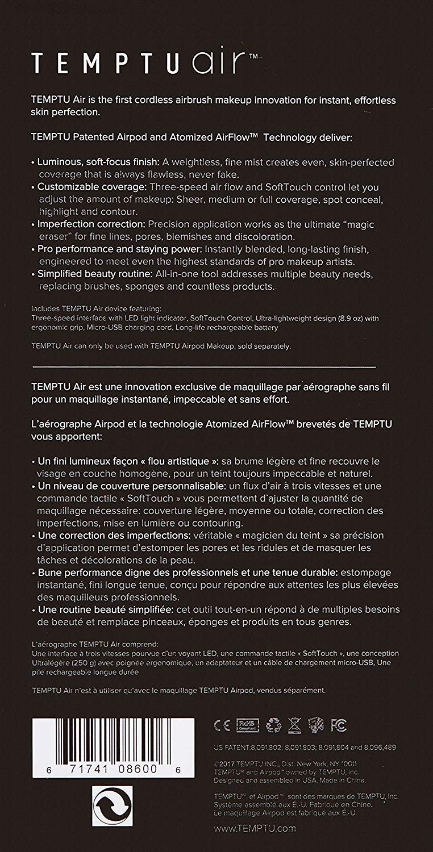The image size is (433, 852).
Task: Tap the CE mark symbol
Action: pos(221,725)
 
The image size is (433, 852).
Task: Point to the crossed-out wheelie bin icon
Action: pos(293,725)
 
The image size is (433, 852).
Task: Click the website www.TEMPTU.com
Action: pos(255,828)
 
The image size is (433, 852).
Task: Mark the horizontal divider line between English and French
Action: pos(204,366)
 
